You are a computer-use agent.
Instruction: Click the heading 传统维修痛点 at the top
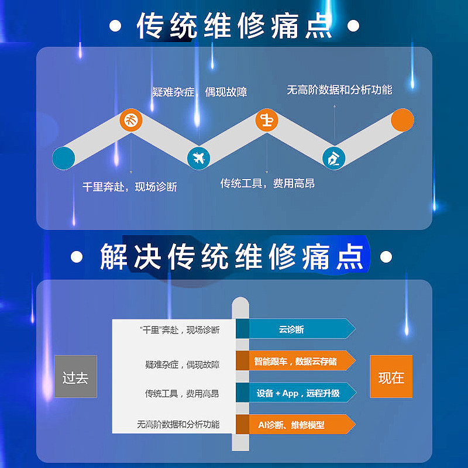pos(234,26)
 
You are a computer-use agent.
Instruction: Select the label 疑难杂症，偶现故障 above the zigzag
pos(199,92)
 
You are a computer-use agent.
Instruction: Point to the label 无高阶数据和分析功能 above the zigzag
pos(339,90)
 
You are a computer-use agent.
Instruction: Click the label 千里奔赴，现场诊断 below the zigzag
pos(129,187)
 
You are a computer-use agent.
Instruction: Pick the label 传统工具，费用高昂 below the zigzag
pos(267,184)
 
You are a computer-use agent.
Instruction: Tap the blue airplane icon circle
pos(198,157)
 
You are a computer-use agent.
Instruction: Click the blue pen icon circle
pos(334,157)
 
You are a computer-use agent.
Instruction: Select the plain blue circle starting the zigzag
pos(63,157)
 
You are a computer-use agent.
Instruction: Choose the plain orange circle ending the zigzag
pos(402,120)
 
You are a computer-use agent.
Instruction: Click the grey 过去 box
pos(75,377)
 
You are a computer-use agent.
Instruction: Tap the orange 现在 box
pos(391,377)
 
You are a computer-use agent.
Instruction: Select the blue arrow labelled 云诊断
pos(295,329)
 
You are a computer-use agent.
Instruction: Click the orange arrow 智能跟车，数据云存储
pos(295,361)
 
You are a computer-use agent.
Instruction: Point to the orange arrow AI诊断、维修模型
pos(295,425)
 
